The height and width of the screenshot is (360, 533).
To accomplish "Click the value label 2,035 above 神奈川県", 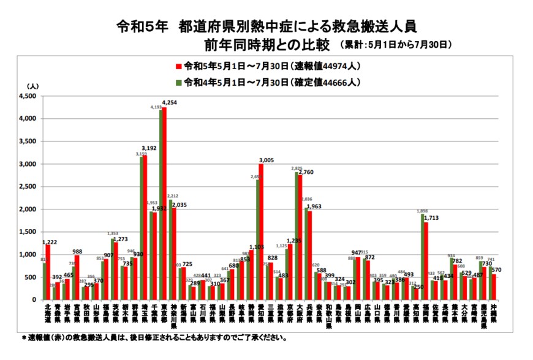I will click(180, 205).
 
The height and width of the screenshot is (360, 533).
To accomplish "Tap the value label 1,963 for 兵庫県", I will click(315, 206).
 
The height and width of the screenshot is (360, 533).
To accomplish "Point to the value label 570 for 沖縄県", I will click(496, 269).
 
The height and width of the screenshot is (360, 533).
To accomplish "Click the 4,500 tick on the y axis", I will click(28, 96).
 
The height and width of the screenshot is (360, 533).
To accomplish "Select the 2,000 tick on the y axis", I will click(28, 209).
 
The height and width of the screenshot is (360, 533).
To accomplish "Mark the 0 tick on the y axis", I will click(36, 300).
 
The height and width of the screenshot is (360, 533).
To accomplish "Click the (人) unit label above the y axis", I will click(32, 86).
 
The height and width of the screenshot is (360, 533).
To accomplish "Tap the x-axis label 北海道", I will click(47, 314).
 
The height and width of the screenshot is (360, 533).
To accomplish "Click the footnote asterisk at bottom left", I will click(24, 337).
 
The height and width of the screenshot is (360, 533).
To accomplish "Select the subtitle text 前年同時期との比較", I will click(268, 45).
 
